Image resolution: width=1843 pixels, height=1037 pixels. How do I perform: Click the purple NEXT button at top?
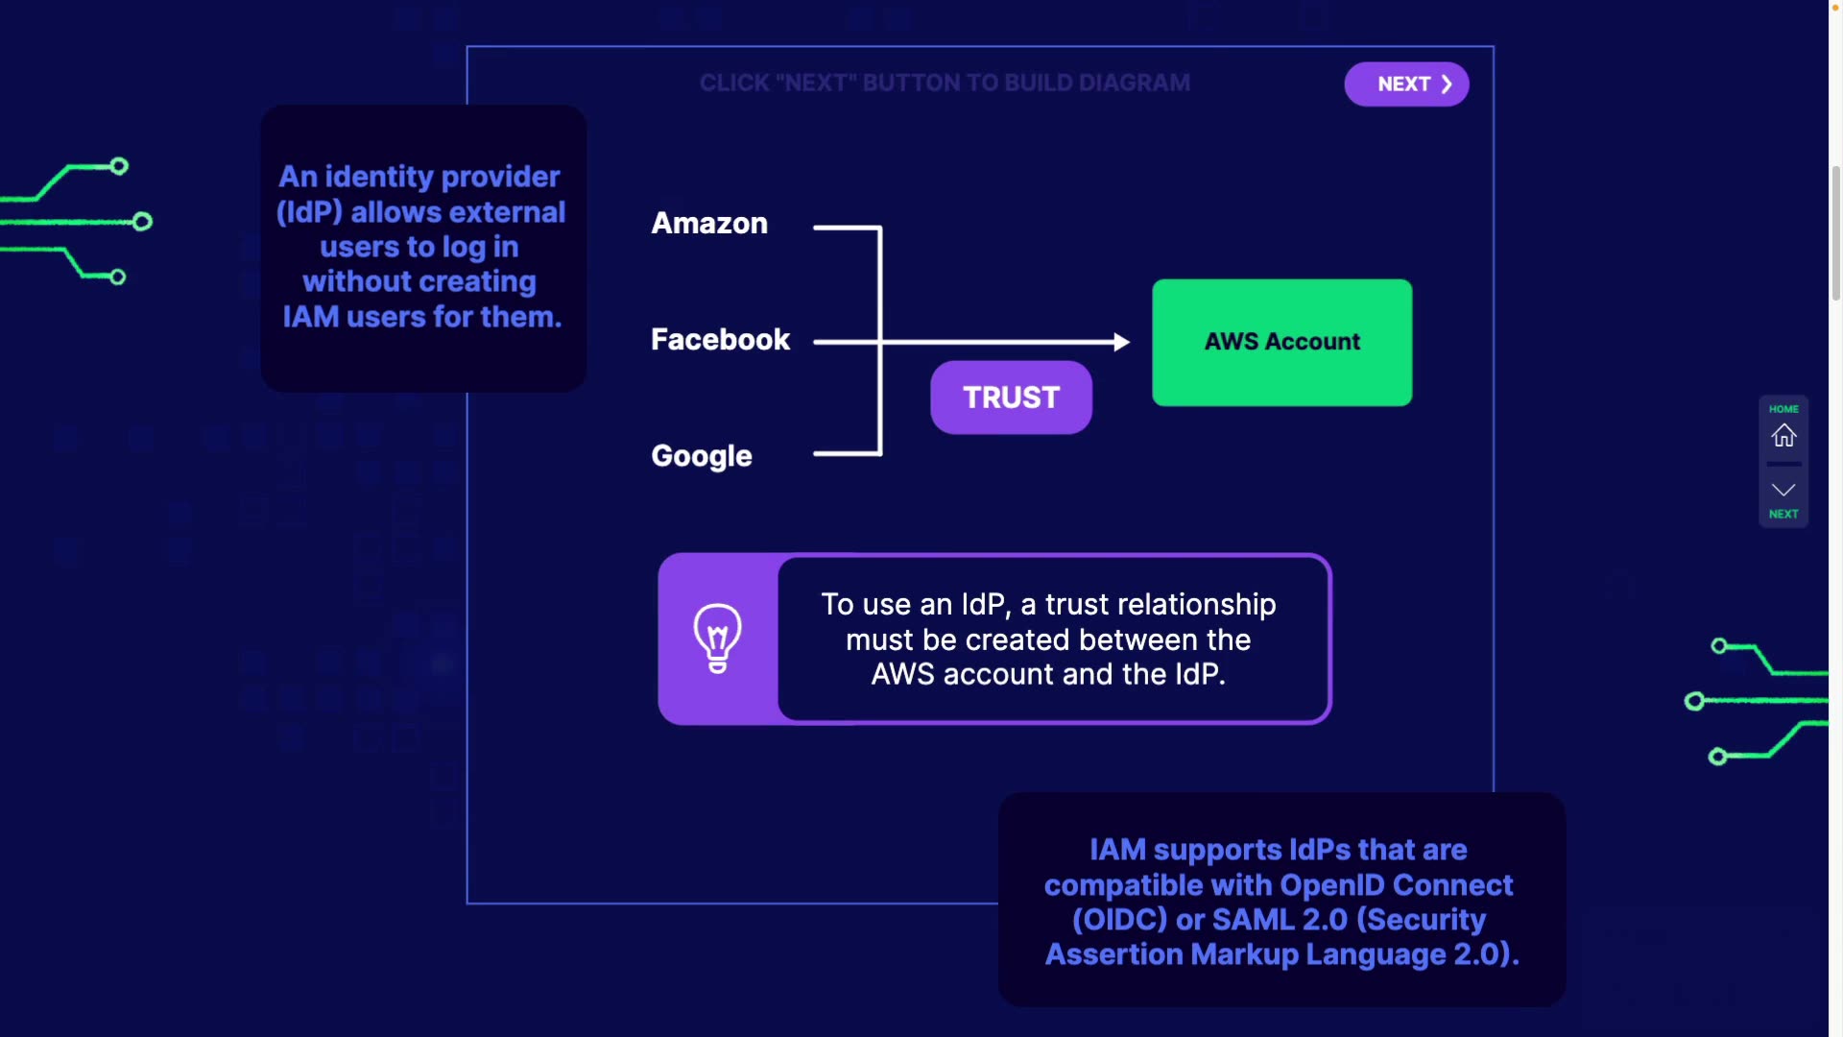[1405, 84]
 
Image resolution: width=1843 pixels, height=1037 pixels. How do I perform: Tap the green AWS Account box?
[1281, 342]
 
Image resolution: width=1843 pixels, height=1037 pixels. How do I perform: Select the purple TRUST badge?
[1011, 398]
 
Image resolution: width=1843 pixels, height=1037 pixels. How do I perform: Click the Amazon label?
[709, 224]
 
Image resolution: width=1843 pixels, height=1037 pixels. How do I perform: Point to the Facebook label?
[720, 340]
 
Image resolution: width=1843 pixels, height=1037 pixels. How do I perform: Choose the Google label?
[702, 456]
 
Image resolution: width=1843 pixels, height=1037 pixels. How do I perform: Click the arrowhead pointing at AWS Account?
[1121, 342]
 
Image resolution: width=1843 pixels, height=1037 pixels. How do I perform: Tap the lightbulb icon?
[717, 638]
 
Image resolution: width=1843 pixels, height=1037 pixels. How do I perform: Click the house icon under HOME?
[1783, 436]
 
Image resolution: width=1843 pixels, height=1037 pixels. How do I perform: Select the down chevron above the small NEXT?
[1783, 490]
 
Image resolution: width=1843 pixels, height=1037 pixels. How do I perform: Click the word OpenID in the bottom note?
[1331, 885]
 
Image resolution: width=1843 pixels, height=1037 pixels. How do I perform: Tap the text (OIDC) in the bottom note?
[1119, 920]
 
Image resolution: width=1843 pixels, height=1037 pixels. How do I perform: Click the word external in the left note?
[508, 212]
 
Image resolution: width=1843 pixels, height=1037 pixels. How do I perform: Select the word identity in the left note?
[378, 178]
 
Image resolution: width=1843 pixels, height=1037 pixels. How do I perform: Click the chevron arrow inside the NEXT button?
[1447, 84]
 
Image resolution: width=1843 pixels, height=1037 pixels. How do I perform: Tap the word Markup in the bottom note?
[1243, 954]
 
